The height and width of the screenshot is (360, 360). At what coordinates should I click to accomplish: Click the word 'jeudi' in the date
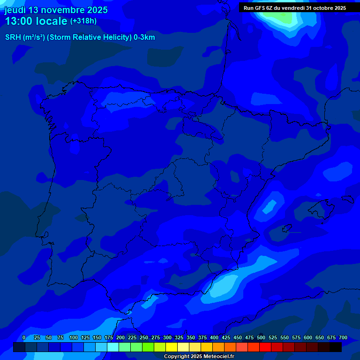tap(15, 10)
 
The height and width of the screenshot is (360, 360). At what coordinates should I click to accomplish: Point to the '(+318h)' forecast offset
tap(84, 21)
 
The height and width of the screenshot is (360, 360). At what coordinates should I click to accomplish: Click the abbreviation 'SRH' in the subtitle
tap(13, 37)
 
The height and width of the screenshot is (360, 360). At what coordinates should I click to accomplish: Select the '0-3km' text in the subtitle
tap(144, 37)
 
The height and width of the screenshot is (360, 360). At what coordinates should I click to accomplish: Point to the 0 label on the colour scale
tap(24, 337)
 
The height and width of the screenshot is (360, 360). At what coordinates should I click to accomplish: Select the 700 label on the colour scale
tap(343, 337)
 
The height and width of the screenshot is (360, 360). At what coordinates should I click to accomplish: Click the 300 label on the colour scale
tap(167, 337)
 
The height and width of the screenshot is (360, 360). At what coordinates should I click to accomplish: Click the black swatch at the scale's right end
tap(336, 347)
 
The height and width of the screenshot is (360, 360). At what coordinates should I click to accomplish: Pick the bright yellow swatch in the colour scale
tap(172, 347)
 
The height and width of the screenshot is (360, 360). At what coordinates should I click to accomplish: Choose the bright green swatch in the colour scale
tap(148, 347)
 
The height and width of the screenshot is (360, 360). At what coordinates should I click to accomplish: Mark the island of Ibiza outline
tap(286, 229)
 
